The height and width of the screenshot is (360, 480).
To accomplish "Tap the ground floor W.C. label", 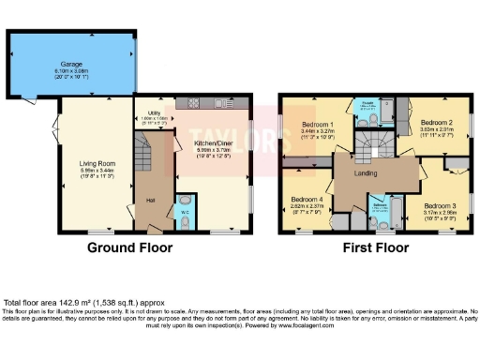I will [185, 211].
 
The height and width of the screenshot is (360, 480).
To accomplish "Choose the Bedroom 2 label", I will [437, 123].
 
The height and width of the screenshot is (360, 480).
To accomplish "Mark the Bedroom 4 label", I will [307, 200].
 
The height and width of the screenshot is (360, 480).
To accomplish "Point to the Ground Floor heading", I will [128, 248].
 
